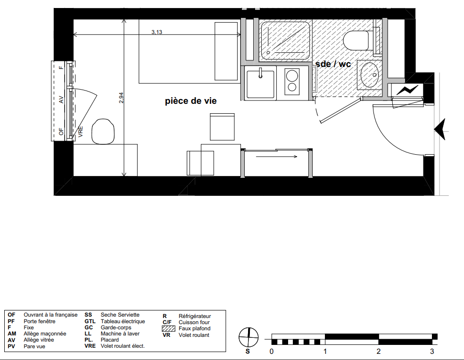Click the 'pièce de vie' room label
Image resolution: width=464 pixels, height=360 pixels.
[x=191, y=101]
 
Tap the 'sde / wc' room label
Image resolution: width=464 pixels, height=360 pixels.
[x=333, y=64]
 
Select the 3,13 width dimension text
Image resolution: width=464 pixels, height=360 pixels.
[x=157, y=32]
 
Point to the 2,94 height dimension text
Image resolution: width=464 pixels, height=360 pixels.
[x=121, y=98]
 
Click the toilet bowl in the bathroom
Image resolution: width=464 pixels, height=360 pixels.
[x=356, y=40]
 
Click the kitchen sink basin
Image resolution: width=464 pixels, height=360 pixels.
[x=260, y=84]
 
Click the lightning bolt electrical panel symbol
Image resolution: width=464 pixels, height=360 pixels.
[x=407, y=90]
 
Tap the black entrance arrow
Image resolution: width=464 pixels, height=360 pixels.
[x=440, y=129]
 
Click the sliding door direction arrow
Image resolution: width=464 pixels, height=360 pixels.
[x=276, y=157]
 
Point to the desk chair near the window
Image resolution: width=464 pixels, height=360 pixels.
[x=103, y=132]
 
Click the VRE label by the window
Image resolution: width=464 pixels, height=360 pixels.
[x=81, y=132]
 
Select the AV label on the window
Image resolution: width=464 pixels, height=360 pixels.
[x=61, y=100]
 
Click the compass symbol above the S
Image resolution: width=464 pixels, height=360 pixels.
[x=249, y=337]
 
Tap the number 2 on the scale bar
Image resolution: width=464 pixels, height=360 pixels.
[x=379, y=352]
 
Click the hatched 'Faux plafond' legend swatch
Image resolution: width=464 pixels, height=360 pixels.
[x=168, y=328]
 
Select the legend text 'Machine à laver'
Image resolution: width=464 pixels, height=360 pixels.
[x=120, y=334]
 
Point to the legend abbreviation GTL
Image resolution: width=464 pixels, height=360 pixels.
[x=90, y=321]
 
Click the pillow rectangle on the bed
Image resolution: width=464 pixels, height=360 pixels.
[x=226, y=51]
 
